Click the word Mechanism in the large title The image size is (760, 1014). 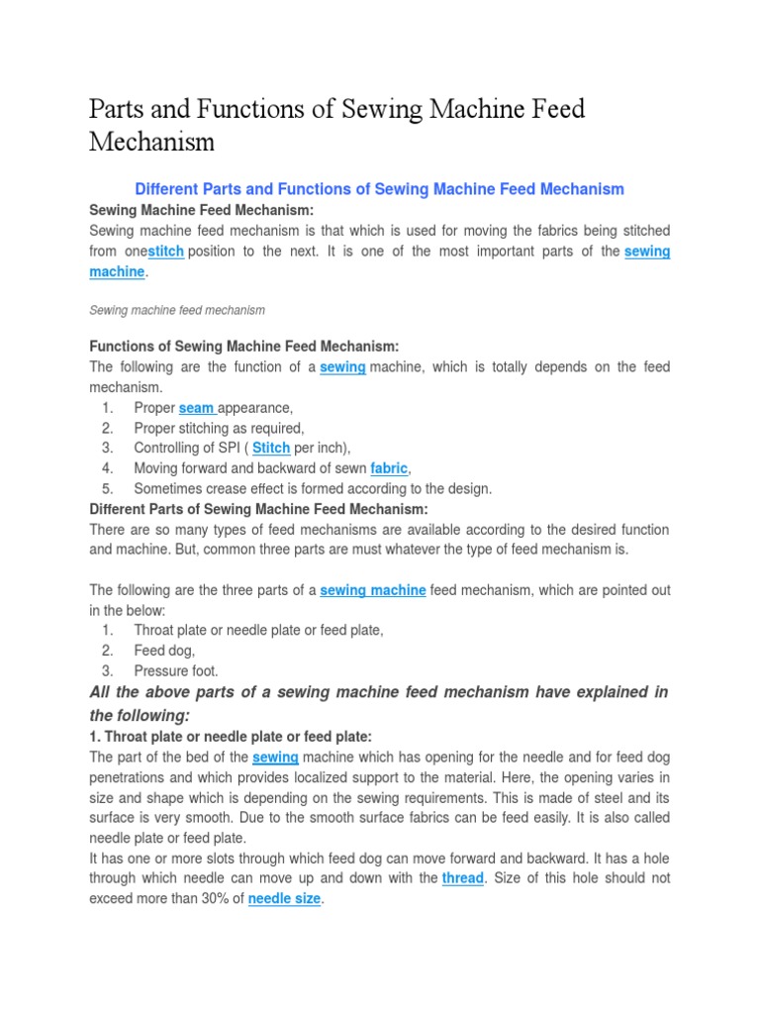click(x=151, y=142)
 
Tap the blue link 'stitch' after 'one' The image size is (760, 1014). click(x=165, y=252)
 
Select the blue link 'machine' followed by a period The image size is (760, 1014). click(x=117, y=271)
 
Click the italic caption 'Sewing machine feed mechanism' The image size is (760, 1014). click(x=177, y=310)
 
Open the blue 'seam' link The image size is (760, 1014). click(x=197, y=408)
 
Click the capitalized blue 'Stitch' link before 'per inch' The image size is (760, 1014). click(x=271, y=448)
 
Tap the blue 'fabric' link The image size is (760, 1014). click(x=389, y=468)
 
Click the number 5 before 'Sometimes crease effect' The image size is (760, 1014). click(x=107, y=488)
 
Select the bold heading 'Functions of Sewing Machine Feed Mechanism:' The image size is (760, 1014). click(x=244, y=347)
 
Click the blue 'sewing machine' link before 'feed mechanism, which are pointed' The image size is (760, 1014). click(x=373, y=590)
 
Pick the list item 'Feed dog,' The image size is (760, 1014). click(x=165, y=651)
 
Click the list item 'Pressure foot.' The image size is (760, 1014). click(x=176, y=670)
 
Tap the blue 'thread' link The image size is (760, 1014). click(x=463, y=878)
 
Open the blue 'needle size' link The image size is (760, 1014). click(x=284, y=899)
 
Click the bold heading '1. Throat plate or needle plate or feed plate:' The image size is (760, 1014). click(x=231, y=737)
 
